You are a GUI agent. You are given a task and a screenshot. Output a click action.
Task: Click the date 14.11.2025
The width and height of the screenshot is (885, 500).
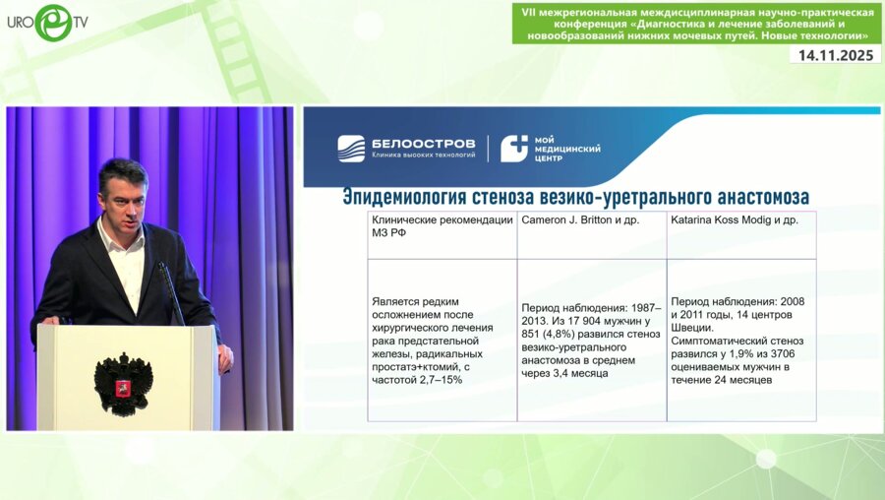point(835,55)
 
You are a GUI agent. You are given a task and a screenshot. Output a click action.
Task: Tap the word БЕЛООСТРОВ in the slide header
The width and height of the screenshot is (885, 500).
point(423,144)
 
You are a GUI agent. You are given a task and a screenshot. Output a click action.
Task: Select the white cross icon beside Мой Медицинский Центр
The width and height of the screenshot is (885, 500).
point(514,149)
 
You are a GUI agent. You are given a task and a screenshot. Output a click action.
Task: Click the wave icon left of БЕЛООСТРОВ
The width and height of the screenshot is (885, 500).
point(351,149)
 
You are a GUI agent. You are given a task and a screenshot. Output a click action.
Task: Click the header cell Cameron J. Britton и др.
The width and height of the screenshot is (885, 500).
point(580,219)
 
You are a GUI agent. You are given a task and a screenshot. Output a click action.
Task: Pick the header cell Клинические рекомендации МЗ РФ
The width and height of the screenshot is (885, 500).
point(442,226)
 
